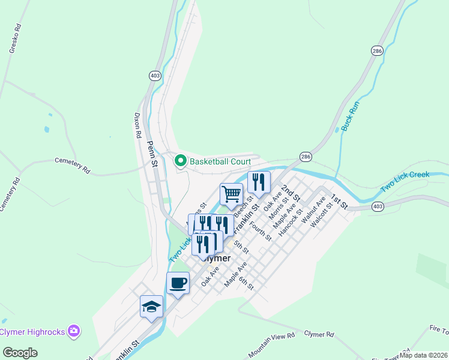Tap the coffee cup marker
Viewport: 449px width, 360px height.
click(x=178, y=283)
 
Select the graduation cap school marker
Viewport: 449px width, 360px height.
click(x=151, y=307)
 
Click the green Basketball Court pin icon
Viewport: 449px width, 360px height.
click(x=179, y=161)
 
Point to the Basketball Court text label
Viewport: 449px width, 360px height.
click(x=219, y=161)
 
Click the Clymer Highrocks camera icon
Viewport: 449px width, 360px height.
click(x=74, y=331)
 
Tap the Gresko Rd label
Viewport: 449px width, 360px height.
click(x=15, y=39)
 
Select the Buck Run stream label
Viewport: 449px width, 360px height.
click(x=349, y=116)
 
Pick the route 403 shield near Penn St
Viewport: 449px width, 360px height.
click(x=155, y=76)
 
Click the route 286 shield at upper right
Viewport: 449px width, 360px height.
click(x=376, y=52)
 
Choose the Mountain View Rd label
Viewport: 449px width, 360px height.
click(x=271, y=344)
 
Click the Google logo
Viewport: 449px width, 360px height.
click(x=20, y=353)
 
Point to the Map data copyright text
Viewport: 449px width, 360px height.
click(x=424, y=355)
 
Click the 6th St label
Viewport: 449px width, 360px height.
click(x=246, y=283)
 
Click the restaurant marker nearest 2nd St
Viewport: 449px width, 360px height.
click(x=259, y=182)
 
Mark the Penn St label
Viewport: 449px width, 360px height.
click(x=153, y=154)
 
